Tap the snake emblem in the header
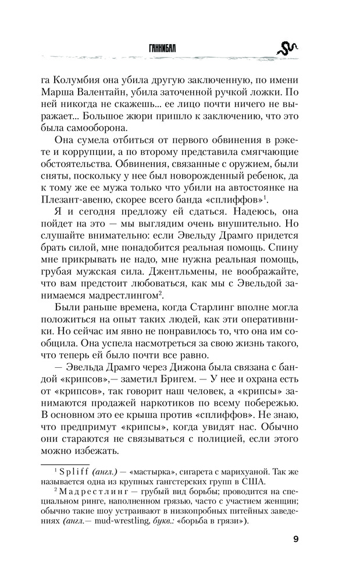pos(287,47)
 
